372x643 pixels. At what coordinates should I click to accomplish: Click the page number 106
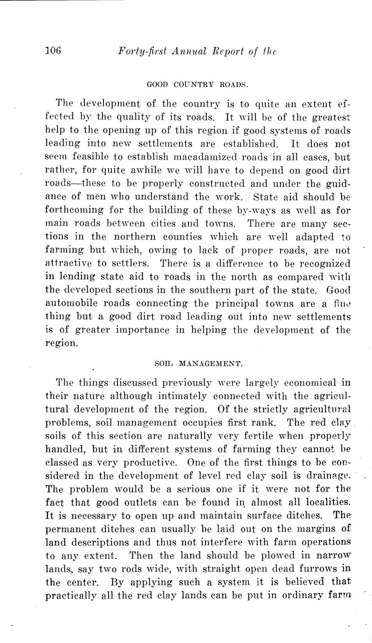[x=57, y=51]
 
